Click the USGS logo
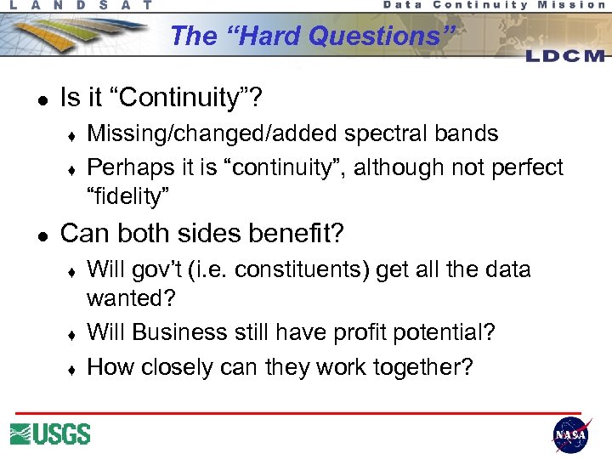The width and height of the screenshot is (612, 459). (50, 433)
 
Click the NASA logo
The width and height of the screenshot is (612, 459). (570, 434)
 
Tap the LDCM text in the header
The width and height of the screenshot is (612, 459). (564, 55)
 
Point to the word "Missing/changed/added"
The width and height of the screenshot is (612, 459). (194, 133)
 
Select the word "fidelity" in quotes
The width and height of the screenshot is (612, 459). (128, 196)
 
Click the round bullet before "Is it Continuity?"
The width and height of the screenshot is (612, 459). (40, 99)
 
